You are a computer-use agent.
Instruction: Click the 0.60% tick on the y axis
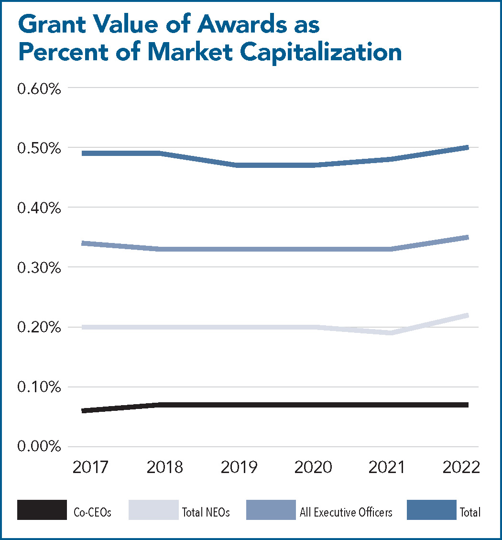click(39, 89)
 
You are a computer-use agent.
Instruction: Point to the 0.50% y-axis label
click(39, 149)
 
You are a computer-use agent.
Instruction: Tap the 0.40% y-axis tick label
click(39, 209)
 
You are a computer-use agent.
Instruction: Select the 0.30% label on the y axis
click(39, 268)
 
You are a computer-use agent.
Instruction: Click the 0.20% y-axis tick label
click(39, 328)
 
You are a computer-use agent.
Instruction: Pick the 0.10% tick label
click(39, 387)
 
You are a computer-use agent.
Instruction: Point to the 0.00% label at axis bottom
click(39, 447)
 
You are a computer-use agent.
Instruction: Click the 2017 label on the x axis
click(91, 467)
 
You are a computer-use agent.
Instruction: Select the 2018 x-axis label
click(165, 467)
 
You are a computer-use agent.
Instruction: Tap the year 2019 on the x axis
click(239, 467)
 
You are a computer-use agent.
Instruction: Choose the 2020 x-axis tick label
click(313, 467)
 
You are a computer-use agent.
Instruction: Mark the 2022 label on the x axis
click(461, 467)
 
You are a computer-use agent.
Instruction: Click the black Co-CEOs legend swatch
click(42, 510)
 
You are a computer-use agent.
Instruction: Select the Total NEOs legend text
click(206, 512)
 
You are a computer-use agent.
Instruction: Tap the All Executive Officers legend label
click(346, 512)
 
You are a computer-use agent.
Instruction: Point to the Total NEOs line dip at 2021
click(391, 333)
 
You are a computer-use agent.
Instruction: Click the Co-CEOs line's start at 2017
click(84, 410)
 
